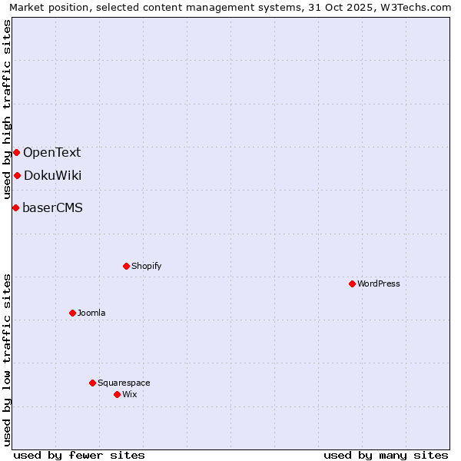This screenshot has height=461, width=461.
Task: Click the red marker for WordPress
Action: tap(352, 284)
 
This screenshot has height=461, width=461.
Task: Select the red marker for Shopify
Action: tap(126, 266)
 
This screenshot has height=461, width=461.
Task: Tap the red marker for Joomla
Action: tap(72, 313)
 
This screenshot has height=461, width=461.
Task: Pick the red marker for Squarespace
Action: tap(92, 383)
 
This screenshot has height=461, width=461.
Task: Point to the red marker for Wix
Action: tap(117, 394)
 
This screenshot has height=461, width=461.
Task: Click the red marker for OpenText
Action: tap(16, 152)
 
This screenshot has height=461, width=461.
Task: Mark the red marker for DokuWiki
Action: tap(17, 175)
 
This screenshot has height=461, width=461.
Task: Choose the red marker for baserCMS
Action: tap(15, 207)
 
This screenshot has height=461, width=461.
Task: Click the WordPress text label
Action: tap(379, 284)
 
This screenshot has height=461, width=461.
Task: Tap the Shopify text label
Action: tap(146, 266)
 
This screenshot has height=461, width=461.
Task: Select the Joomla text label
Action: tap(91, 313)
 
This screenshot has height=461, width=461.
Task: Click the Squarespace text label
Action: tap(124, 383)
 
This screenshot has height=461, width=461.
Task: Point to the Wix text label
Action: tap(129, 394)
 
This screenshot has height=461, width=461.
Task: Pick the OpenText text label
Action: tap(51, 152)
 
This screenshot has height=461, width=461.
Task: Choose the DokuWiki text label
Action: tap(52, 175)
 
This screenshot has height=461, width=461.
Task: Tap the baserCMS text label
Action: tap(52, 207)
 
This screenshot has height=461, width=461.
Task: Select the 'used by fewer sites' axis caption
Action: tap(79, 455)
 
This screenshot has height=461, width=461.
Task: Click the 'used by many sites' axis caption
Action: tap(386, 455)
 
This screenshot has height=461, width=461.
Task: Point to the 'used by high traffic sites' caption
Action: tap(7, 109)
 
